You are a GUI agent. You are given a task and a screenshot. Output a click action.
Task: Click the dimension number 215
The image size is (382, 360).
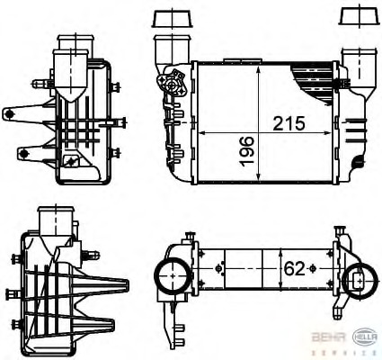coord(284,122)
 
